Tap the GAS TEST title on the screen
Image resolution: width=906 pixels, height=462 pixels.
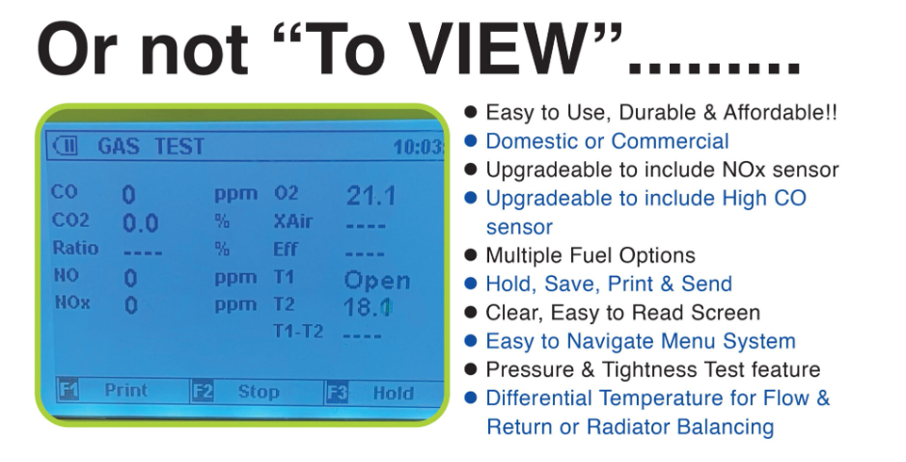tap(151, 147)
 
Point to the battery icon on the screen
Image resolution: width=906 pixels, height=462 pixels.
tap(65, 146)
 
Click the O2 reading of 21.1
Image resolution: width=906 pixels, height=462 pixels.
tap(371, 197)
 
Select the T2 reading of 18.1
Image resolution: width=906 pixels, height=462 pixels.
tap(368, 306)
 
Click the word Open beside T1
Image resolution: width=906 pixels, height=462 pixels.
tap(376, 281)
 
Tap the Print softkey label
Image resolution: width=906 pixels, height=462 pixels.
tap(126, 390)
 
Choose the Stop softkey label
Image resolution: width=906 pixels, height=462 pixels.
tap(259, 393)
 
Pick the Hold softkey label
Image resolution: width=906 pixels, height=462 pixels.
tap(393, 394)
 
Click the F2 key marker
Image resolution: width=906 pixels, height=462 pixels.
tap(203, 392)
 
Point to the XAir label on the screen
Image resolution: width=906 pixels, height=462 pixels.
tap(293, 221)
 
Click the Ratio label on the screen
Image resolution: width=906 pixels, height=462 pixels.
tap(75, 248)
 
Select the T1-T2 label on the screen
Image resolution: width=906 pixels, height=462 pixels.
tap(297, 331)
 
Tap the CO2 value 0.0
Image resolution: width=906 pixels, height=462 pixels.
tap(141, 224)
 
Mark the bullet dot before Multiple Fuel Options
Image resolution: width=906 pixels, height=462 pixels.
tap(471, 255)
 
